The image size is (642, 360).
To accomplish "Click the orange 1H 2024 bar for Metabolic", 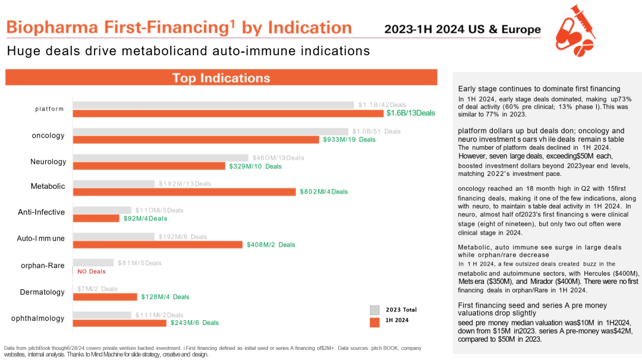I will tap(184, 192).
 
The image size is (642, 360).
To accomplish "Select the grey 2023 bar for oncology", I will tap(210, 131).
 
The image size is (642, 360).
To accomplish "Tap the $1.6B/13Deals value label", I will tap(411, 113).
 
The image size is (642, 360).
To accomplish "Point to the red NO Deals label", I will tap(92, 271).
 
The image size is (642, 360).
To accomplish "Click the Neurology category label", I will tap(48, 162).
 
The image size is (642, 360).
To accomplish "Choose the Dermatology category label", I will tap(42, 292).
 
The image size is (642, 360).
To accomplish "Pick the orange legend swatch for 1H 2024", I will tap(374, 322).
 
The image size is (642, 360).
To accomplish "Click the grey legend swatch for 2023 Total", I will tap(374, 310).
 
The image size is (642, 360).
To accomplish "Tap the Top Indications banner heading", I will tap(221, 78).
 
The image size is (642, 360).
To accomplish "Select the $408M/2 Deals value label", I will tap(270, 244).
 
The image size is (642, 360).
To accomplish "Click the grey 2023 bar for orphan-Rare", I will tap(93, 263).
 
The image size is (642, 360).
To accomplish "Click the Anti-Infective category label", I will tap(41, 211).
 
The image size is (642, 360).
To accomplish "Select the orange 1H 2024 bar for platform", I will tap(228, 113).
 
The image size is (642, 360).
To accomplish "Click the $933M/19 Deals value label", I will tap(349, 140).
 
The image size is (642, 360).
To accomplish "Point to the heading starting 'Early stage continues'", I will tap(539, 89).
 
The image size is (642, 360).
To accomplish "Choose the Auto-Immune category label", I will tap(40, 238).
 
